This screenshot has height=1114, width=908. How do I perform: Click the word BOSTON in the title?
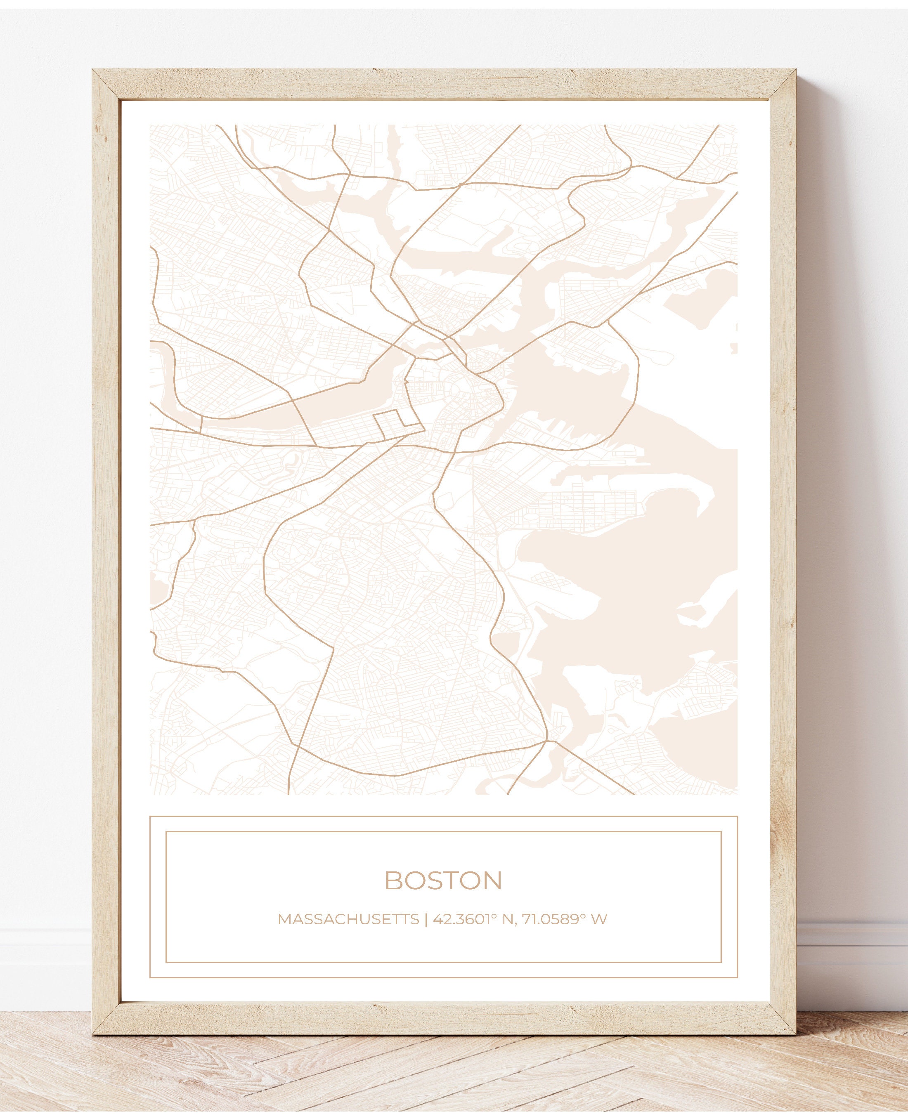coord(443,881)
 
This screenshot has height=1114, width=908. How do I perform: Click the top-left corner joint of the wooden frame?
coord(106,84)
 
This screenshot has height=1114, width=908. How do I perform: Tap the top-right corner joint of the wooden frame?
coord(781,84)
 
